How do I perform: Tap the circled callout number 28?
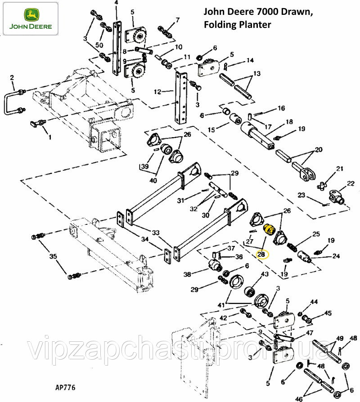(261, 255)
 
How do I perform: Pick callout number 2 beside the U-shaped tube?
(12, 77)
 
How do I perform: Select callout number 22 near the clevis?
(351, 183)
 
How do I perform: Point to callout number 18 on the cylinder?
(288, 121)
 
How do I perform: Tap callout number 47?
(309, 333)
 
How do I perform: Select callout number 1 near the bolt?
(49, 137)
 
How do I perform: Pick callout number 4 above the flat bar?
(116, 3)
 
